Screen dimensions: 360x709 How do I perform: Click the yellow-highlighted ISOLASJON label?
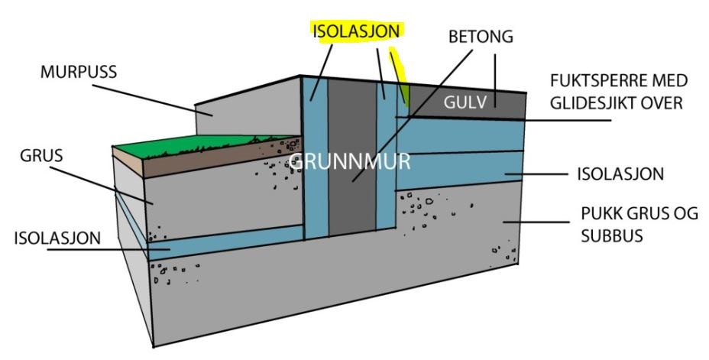pos(355,31)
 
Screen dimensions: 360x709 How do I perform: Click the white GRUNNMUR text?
pos(349,161)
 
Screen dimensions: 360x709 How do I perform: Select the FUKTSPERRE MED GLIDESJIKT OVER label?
pos(618,92)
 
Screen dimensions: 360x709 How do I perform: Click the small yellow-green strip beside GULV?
pos(406,95)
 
